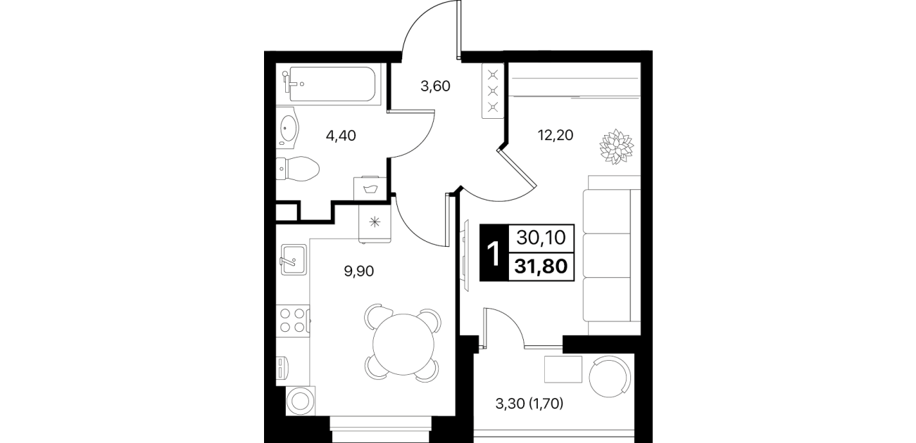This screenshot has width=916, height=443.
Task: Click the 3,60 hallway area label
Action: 435,86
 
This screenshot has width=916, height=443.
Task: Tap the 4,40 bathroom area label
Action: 341,136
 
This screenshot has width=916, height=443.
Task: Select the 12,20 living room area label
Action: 556,135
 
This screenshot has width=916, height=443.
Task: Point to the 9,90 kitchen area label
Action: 359,271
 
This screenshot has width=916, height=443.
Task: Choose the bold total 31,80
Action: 541,267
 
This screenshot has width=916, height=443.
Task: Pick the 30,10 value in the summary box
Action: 541,237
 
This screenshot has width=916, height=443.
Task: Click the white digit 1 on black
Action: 494,253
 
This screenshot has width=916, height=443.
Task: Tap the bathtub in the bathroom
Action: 332,84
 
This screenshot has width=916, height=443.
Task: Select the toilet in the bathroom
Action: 298,169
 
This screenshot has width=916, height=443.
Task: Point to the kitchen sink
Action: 293,259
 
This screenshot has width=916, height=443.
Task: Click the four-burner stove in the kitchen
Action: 293,321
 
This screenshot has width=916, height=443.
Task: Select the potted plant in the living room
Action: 616,146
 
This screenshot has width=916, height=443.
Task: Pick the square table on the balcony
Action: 563,369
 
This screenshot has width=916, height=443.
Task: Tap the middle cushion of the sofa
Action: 606,255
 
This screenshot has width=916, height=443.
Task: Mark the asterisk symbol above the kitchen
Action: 375,222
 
